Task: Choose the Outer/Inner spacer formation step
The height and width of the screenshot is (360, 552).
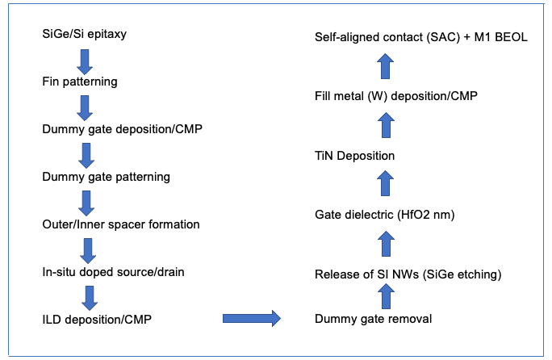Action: click(120, 224)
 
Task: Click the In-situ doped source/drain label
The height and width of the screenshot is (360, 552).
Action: click(113, 271)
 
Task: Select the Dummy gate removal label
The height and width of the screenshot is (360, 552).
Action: click(374, 319)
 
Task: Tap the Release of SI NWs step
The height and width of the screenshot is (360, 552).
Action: click(408, 276)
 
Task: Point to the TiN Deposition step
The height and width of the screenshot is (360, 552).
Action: click(355, 154)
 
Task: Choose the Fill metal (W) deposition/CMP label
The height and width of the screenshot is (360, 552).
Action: click(396, 96)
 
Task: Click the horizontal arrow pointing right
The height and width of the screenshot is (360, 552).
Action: click(251, 319)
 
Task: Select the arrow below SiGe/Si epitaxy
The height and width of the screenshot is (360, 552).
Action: click(85, 59)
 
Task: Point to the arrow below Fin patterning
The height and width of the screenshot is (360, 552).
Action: click(85, 106)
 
